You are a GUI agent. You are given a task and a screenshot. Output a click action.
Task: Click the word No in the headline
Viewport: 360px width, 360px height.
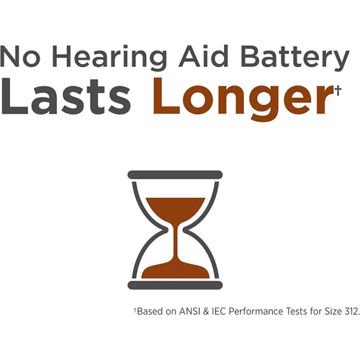coord(20,56)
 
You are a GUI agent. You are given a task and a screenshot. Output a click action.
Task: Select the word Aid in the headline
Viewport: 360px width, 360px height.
coord(204,56)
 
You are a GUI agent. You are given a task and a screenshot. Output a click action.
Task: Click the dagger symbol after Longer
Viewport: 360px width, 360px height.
coord(338,91)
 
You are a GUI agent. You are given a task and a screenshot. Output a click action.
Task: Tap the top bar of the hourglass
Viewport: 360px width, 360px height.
coord(175,175)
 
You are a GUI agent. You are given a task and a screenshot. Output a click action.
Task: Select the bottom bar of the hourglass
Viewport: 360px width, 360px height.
coord(175,285)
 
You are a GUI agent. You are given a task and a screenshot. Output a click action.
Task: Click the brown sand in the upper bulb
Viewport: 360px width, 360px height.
coord(176,208)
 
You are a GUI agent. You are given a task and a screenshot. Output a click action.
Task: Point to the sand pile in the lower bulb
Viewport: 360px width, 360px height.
coord(176,271)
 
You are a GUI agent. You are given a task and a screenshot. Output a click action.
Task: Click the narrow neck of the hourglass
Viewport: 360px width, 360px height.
coord(176,230)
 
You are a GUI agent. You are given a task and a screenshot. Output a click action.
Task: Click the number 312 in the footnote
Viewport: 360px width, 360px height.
coord(351,311)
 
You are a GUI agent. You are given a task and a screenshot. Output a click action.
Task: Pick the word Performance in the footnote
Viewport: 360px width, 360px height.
coord(256,311)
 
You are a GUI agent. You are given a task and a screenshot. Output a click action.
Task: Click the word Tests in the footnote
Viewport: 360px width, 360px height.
coord(297,311)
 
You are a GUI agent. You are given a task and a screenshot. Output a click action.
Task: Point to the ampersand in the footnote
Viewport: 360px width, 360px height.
coord(207,311)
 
